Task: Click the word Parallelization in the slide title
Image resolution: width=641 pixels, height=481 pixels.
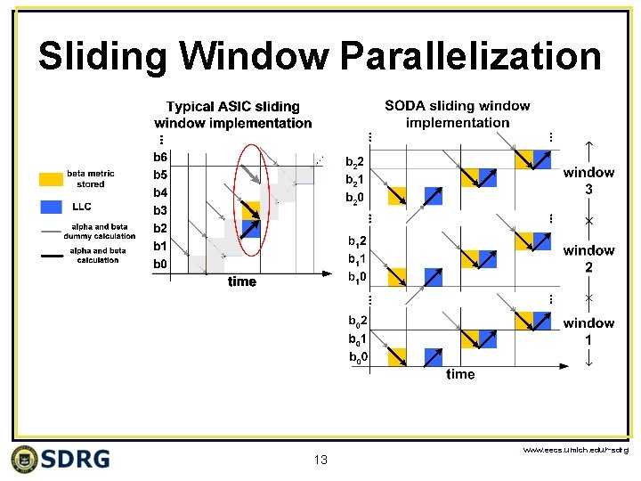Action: tap(471, 57)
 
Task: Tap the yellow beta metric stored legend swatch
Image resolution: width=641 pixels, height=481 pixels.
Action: tap(51, 179)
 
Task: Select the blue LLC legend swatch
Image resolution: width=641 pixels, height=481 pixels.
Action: tap(51, 207)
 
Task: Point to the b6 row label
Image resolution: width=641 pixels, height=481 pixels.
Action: tap(160, 157)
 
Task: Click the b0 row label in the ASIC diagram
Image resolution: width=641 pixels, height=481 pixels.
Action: tap(160, 264)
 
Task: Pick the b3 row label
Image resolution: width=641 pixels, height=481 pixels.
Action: tap(160, 210)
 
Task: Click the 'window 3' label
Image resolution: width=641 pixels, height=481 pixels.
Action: tap(588, 181)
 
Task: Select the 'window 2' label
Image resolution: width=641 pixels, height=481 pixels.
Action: tap(588, 258)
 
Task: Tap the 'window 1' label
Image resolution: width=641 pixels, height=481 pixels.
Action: tap(588, 330)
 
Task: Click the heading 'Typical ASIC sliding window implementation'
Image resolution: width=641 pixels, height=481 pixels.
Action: tap(233, 115)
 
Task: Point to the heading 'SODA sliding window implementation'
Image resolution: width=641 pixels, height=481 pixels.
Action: tap(457, 114)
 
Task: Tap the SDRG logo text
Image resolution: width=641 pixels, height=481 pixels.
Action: tap(77, 459)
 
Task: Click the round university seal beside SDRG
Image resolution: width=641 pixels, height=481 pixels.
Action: tap(25, 459)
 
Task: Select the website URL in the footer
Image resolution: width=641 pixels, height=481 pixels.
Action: tap(575, 451)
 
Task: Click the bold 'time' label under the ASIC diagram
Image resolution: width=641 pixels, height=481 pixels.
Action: tap(241, 281)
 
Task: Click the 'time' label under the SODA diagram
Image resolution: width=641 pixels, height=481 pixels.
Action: tap(460, 374)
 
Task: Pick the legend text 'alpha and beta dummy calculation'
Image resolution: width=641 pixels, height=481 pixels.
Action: tap(99, 232)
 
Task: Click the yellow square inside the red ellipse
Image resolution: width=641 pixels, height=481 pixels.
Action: tap(251, 210)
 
